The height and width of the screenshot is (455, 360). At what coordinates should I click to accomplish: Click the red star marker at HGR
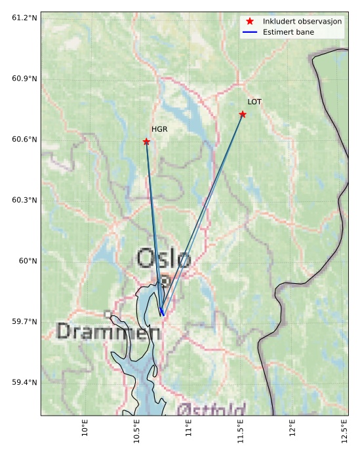(146, 142)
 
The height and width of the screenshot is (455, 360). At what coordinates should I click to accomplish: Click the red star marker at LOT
(243, 114)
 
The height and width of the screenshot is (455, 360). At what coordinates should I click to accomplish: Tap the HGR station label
(159, 130)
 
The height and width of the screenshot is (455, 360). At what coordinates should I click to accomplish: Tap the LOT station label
(254, 102)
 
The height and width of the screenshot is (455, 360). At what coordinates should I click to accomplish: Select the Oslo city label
(164, 259)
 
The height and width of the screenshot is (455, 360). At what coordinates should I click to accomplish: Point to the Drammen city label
(109, 332)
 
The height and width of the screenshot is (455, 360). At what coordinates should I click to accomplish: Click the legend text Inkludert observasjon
(302, 22)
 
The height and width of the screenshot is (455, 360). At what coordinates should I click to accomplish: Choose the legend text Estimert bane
(289, 32)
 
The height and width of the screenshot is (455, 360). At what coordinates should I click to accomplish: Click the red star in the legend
(250, 22)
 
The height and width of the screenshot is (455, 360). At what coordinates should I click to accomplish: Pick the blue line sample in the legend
(250, 32)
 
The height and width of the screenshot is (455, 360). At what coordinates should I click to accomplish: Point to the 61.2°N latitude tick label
(24, 18)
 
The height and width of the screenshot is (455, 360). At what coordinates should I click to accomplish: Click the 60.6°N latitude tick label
(24, 140)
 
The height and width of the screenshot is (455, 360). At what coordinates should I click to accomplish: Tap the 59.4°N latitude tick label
(24, 382)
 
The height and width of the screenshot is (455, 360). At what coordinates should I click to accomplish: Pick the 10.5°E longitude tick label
(137, 433)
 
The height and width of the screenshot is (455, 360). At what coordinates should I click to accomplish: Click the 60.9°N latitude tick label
(24, 79)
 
